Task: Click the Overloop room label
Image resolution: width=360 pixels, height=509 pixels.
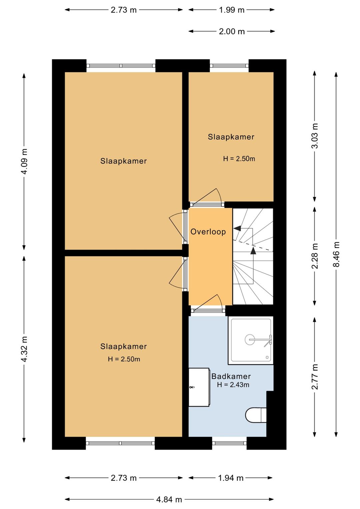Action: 208,232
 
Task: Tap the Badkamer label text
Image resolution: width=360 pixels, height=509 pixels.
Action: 231,376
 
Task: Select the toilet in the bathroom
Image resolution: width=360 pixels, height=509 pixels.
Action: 256,415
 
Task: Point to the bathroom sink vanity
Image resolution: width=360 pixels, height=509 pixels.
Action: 199,387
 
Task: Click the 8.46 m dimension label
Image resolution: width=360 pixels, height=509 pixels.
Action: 336,254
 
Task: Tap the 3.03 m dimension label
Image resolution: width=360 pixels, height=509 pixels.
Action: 315,136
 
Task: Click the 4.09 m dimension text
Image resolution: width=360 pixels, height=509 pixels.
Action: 24,161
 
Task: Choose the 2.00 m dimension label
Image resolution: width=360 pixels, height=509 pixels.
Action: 232,31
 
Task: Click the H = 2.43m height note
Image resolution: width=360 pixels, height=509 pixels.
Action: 233,385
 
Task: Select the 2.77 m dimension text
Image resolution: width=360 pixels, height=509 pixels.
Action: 315,377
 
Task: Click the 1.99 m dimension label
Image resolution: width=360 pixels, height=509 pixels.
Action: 232,10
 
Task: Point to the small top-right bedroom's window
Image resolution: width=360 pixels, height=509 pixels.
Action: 229,66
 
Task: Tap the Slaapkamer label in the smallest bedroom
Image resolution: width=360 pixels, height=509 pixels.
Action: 231,137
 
